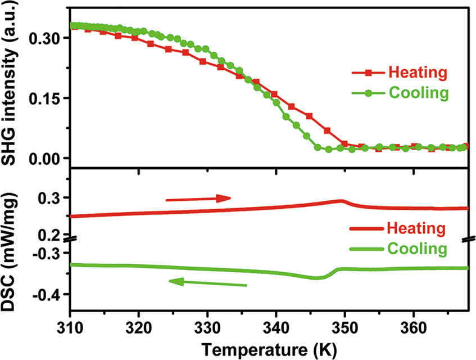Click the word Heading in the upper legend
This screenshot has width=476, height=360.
(x=418, y=73)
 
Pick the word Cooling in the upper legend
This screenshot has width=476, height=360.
(x=419, y=93)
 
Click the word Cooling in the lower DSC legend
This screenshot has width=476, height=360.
(x=418, y=248)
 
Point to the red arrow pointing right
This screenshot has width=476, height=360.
(x=198, y=198)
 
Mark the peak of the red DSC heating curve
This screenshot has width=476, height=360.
(x=341, y=200)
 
